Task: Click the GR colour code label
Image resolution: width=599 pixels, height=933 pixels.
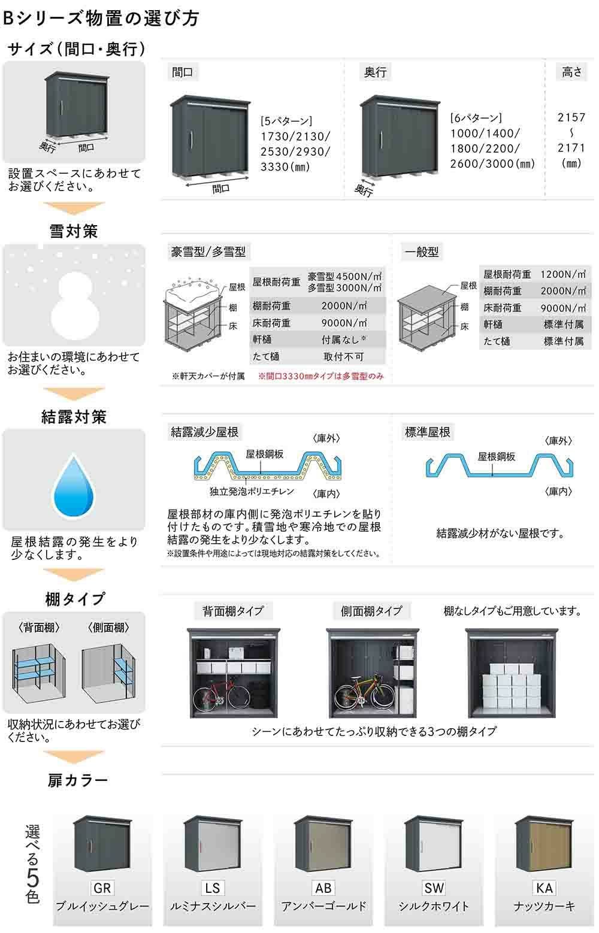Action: click(102, 887)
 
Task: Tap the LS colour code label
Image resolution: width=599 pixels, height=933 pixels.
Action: click(212, 887)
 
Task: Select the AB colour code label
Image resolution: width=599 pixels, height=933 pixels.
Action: click(323, 887)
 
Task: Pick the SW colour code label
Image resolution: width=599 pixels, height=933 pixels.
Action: click(434, 887)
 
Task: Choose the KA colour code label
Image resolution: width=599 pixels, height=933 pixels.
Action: click(544, 887)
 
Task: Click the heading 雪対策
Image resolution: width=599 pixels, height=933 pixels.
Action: click(74, 231)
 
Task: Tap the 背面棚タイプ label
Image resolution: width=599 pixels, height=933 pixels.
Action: click(233, 611)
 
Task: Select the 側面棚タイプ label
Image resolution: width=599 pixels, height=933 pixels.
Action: click(371, 611)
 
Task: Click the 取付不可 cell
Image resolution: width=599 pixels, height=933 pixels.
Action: click(343, 356)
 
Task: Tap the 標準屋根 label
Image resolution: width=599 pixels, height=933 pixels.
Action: click(428, 432)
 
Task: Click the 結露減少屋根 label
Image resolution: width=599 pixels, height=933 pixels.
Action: click(205, 432)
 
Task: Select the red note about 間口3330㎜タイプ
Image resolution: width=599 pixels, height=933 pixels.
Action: click(321, 377)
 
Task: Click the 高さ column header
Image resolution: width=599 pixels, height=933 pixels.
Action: click(572, 72)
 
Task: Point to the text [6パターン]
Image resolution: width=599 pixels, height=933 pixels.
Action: click(476, 118)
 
